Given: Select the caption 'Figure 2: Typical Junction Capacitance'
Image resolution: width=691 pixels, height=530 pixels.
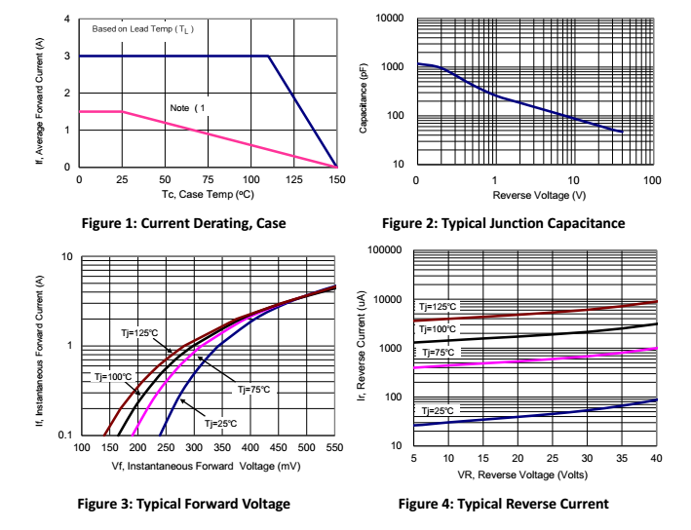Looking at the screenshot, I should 503,224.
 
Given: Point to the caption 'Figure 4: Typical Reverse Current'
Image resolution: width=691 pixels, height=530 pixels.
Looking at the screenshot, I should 503,504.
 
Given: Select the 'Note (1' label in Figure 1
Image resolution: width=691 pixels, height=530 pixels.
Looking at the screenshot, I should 189,107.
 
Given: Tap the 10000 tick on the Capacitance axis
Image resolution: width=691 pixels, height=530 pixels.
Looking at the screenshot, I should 390,19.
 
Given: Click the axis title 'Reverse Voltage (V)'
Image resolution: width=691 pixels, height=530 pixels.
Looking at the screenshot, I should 534,197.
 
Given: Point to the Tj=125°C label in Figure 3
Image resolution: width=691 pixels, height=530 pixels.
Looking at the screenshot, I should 140,332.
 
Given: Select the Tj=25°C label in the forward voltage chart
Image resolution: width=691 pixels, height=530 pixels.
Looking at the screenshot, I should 220,424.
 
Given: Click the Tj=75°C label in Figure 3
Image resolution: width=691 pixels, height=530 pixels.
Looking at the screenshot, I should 253,389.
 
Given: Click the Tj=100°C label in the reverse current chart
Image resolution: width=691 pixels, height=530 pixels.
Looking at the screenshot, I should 438,329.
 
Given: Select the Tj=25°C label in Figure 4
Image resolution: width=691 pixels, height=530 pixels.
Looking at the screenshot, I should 436,411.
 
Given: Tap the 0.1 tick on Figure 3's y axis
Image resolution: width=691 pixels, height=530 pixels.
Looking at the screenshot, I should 65,435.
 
